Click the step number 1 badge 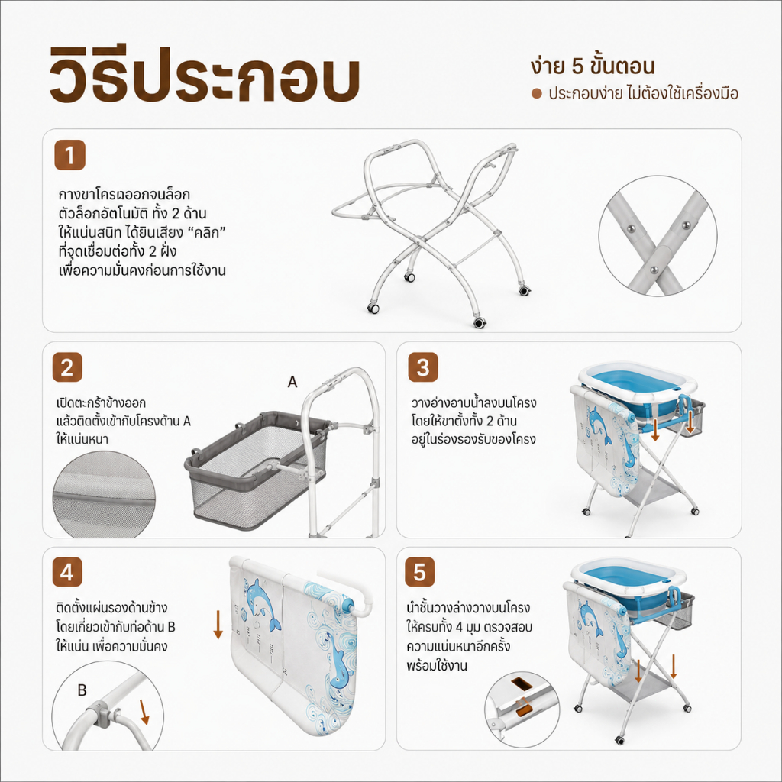(x=69, y=155)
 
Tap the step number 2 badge (x=67, y=367)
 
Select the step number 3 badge (x=423, y=367)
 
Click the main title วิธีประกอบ (x=205, y=76)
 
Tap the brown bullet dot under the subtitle (x=537, y=94)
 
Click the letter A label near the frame (x=292, y=382)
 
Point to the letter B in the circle (x=82, y=690)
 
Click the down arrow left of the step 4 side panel (x=218, y=624)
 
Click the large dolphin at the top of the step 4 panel (x=263, y=605)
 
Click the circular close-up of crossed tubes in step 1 (x=658, y=236)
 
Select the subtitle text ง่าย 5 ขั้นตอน (x=593, y=66)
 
